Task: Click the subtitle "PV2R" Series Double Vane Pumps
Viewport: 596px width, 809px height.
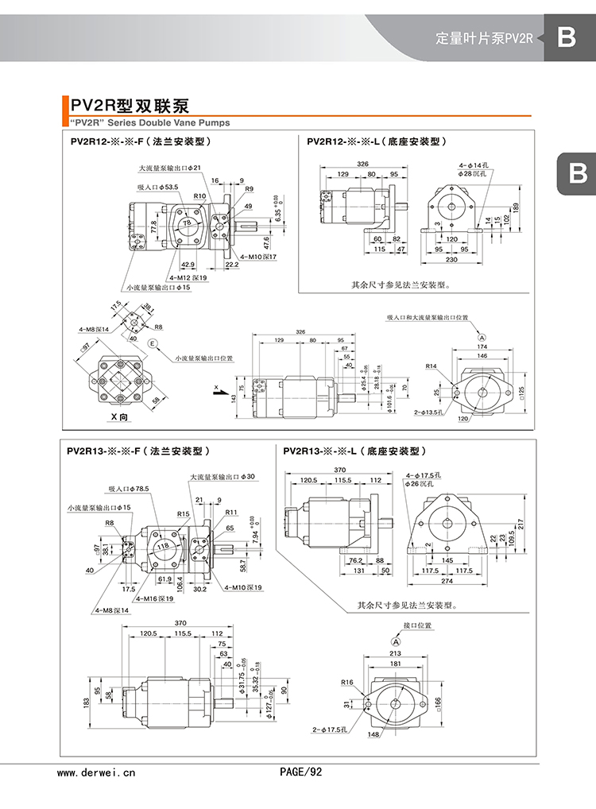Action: [145, 123]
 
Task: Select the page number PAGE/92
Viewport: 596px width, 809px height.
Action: [301, 772]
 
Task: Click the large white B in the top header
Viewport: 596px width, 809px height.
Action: [566, 37]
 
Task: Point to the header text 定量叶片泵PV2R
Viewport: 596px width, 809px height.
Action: [485, 38]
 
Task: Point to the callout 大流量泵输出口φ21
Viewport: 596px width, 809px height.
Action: [170, 168]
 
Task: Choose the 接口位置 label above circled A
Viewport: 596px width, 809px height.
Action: [417, 626]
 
